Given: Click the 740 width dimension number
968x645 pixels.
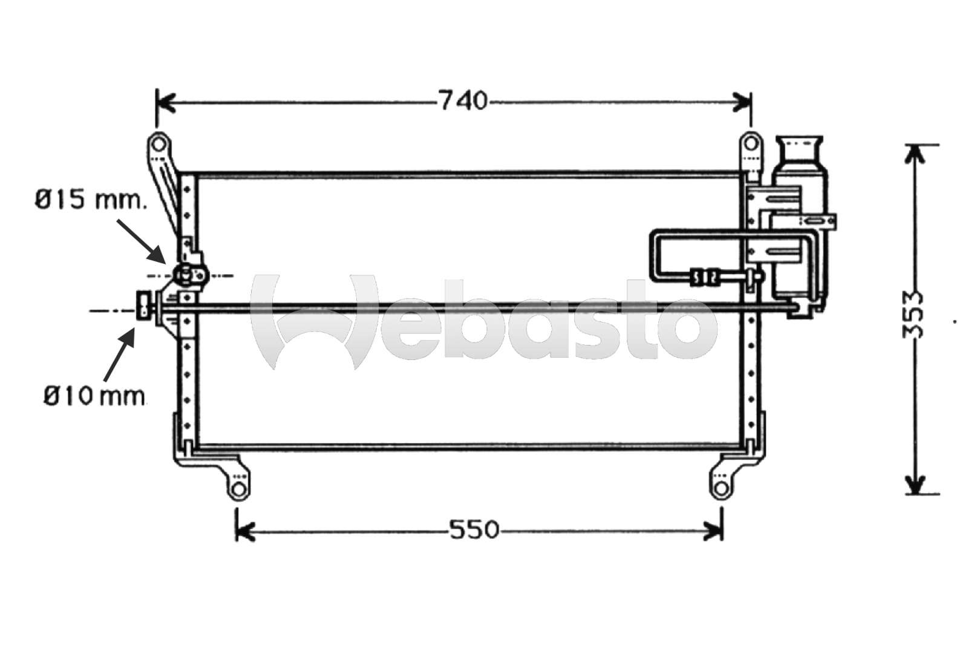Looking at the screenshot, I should coord(463,101).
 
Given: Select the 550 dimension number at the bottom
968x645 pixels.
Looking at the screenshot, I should coord(474,530).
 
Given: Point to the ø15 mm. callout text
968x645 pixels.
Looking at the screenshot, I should coord(90,199).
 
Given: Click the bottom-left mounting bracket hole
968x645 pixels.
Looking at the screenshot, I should coord(239,488).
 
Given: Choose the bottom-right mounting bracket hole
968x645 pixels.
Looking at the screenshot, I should coord(719,488).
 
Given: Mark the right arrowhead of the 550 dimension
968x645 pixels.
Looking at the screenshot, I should coord(715,531).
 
